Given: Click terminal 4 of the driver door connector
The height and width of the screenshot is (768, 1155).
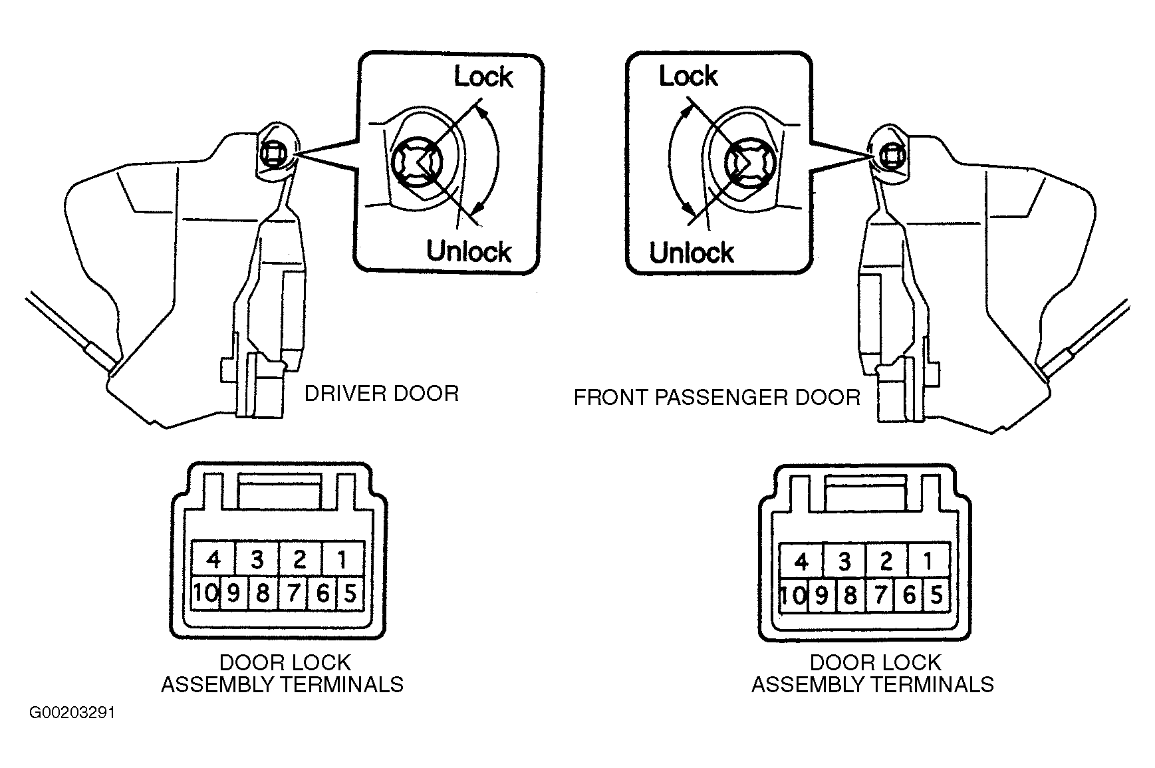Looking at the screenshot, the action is tap(213, 559).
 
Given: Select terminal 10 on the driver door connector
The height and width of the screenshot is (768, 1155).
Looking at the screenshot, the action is tap(205, 592).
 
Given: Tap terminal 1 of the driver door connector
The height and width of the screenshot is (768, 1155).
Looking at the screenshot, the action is tap(342, 559).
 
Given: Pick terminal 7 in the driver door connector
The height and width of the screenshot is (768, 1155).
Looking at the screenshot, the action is tap(293, 592).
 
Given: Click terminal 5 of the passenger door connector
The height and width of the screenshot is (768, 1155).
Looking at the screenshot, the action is tap(936, 594).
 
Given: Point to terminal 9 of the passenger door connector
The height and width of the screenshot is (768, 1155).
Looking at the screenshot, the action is tap(822, 594).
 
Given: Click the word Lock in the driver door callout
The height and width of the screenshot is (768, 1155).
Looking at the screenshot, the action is tap(483, 77).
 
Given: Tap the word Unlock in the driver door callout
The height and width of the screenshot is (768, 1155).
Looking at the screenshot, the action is tap(469, 251).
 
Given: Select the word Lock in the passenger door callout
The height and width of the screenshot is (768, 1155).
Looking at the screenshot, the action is tap(688, 76).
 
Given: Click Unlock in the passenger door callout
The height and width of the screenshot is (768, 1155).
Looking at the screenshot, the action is tap(692, 253).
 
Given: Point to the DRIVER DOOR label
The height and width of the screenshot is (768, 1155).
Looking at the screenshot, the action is tap(382, 394).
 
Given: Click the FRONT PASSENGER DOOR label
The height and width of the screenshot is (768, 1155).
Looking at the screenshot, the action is tap(717, 398).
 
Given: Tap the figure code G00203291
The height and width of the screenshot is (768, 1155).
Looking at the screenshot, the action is tap(72, 713).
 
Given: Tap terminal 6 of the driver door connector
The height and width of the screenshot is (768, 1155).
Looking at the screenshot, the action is tap(322, 592).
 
